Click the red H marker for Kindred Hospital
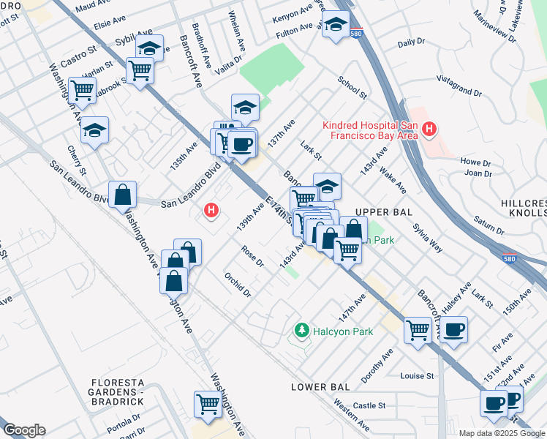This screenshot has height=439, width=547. coord(429,131)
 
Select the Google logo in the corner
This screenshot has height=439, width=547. coord(24,430)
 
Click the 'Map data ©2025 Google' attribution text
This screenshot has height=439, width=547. coord(502,433)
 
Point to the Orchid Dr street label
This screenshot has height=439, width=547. coord(238,285)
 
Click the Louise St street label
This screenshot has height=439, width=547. coord(417,376)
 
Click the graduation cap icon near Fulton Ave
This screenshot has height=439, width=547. coord(336,24)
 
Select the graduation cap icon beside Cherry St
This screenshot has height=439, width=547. coord(95,130)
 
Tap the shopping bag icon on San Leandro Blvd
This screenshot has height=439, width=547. coord(123,195)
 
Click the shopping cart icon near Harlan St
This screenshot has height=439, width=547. coord(83,89)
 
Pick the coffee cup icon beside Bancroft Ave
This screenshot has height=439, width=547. coord(453,329)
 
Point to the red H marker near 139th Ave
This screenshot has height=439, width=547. coord(211,211)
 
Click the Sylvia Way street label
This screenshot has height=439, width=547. coord(426,239)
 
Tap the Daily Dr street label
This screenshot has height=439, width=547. coord(411,43)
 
